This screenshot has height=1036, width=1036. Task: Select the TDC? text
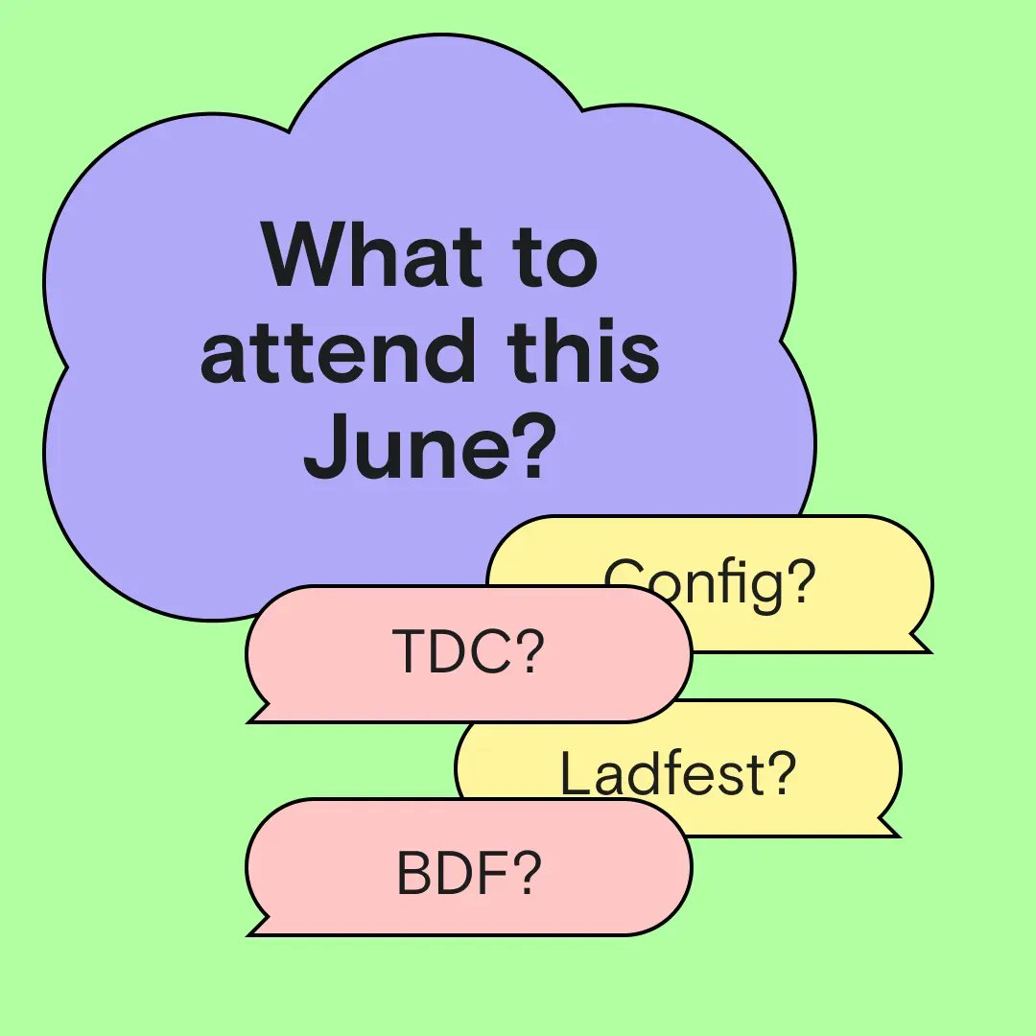point(468,653)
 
